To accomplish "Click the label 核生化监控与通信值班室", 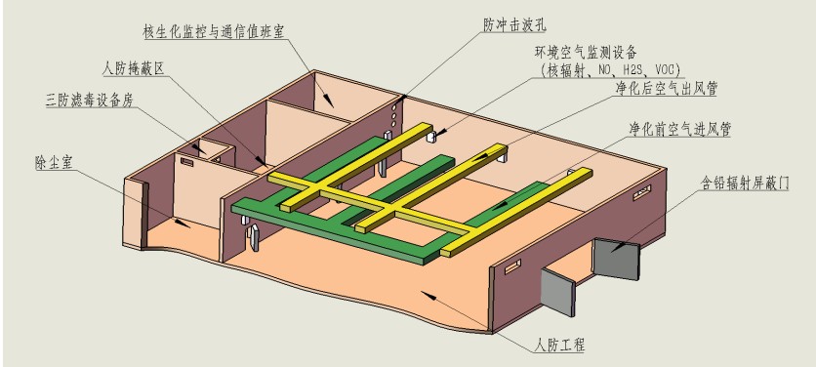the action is point(214,32).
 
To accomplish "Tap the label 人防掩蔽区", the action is point(134,68).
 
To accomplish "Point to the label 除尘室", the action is point(52,163).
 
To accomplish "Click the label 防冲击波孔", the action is point(514,25).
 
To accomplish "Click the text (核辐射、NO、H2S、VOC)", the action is point(611,69).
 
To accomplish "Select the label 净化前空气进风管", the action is point(679,130).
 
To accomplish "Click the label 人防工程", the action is point(559,345).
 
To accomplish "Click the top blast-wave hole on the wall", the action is point(393,105).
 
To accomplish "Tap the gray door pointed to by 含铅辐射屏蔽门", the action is point(617,259).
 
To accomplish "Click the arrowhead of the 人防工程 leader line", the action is point(428,295).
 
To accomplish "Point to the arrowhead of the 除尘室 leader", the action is point(182,223).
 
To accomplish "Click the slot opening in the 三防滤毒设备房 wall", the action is point(186,162).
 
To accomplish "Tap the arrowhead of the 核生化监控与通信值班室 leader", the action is point(327,100).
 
